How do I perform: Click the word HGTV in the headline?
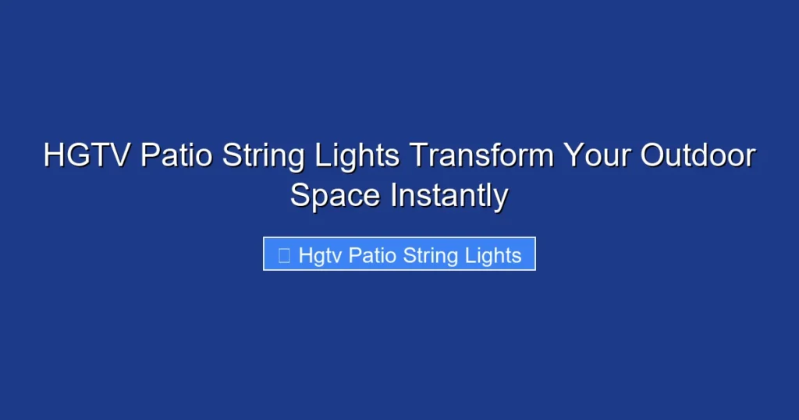coord(87,156)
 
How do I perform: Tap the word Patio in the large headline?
coord(176,156)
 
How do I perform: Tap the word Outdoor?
coord(698,156)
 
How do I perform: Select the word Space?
coord(336,196)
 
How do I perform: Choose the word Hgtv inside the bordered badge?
coord(320,255)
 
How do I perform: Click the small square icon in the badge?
coord(284,254)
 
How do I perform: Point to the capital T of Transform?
coord(418,156)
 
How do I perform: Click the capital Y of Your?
coord(574,156)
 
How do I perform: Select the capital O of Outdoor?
coord(654,156)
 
